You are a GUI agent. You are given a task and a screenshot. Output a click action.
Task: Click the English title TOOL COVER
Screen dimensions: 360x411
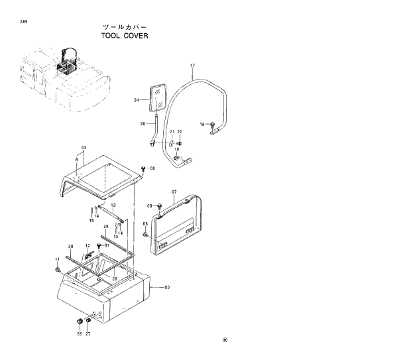(125, 36)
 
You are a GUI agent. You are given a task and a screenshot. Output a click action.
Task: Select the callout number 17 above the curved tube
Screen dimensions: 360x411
(192, 66)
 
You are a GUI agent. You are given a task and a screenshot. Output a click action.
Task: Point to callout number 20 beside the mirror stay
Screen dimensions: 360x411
(143, 124)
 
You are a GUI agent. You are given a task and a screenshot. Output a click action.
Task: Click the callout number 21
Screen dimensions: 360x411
(172, 133)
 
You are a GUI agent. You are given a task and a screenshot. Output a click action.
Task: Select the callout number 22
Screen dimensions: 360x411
(180, 133)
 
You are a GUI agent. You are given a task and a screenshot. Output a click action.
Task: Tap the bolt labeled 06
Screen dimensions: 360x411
(143, 168)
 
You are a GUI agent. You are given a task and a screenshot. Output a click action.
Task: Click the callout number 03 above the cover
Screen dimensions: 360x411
(84, 147)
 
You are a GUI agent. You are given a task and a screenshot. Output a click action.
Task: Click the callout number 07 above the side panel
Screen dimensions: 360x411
(174, 193)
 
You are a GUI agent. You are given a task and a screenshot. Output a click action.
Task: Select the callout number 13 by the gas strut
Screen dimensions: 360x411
(113, 206)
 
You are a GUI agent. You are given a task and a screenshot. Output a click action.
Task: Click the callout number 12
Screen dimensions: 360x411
(87, 246)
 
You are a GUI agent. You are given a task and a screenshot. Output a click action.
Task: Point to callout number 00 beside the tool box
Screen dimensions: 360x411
(167, 287)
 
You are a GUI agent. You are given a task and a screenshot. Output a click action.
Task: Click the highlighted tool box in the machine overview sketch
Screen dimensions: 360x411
(66, 65)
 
